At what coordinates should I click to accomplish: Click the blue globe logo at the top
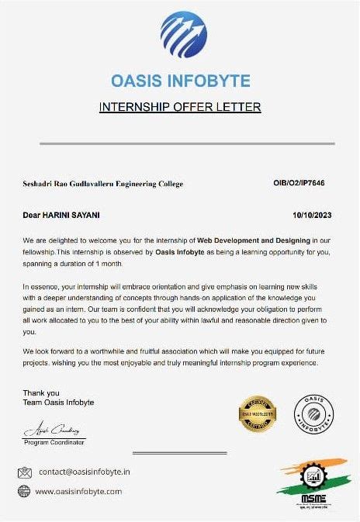pyautogui.click(x=183, y=36)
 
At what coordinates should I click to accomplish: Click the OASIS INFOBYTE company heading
pyautogui.click(x=180, y=80)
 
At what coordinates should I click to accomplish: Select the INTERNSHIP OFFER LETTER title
pyautogui.click(x=180, y=106)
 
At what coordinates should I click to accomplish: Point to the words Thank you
pyautogui.click(x=41, y=393)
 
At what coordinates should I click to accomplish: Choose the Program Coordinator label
pyautogui.click(x=54, y=441)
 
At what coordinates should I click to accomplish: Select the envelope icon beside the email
pyautogui.click(x=24, y=472)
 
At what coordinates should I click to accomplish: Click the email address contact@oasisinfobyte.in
pyautogui.click(x=85, y=472)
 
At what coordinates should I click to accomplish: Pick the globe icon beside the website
pyautogui.click(x=24, y=491)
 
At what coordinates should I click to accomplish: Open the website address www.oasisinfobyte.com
pyautogui.click(x=79, y=492)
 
